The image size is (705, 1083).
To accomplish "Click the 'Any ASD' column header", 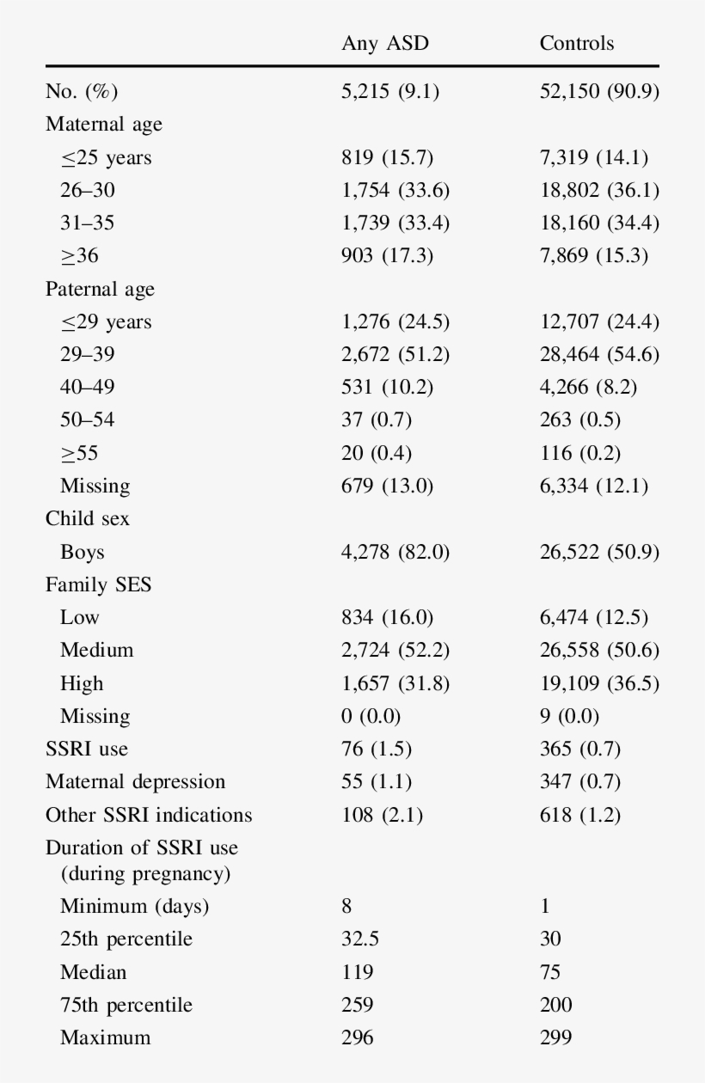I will [x=384, y=44].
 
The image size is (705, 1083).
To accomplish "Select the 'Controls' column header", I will [x=577, y=44].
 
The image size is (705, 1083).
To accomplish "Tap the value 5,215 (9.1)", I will [x=390, y=91].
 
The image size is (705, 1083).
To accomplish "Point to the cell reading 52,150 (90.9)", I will [x=599, y=91].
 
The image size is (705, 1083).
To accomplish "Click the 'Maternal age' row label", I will [x=104, y=124].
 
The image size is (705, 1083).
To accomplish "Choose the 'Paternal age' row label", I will [x=101, y=289].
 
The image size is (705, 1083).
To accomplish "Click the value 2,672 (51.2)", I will [x=395, y=354].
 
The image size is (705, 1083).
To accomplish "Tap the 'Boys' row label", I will [x=83, y=553].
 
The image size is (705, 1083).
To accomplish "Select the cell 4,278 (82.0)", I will [x=395, y=553].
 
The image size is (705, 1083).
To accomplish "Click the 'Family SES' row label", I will [x=98, y=585].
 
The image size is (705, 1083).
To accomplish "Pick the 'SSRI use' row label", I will [x=87, y=749].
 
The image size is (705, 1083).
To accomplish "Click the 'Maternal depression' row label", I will [x=136, y=782].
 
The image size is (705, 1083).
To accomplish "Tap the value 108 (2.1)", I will [x=382, y=815].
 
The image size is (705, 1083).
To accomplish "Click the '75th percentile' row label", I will [x=126, y=1005].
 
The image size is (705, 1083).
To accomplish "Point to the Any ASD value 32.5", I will [x=360, y=939].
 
